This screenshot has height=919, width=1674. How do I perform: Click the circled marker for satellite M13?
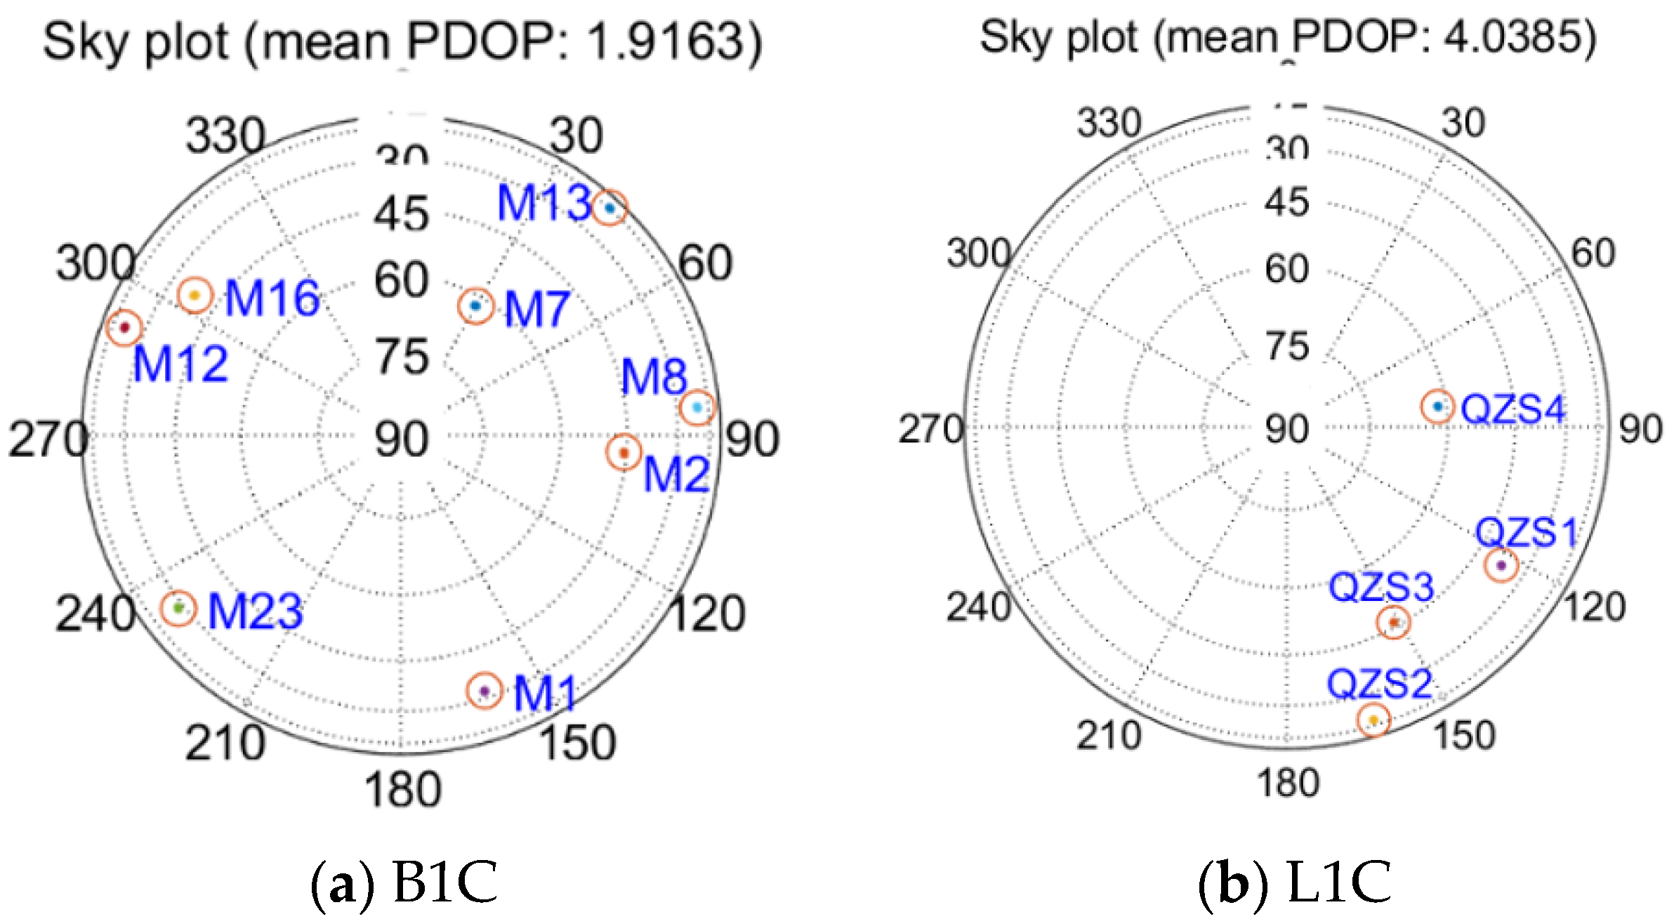click(x=609, y=208)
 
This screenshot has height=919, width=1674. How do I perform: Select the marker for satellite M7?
click(x=475, y=306)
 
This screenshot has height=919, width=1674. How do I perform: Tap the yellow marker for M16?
click(x=195, y=296)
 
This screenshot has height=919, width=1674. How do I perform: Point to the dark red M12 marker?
click(x=124, y=327)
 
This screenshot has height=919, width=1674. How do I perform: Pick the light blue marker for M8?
click(x=697, y=407)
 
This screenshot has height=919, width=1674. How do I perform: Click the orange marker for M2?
click(x=623, y=453)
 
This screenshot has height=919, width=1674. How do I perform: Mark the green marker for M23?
click(x=178, y=607)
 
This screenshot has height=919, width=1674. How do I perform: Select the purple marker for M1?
click(x=484, y=691)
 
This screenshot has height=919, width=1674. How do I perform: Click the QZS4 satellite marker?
click(x=1437, y=406)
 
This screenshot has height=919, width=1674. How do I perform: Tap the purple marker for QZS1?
click(x=1501, y=565)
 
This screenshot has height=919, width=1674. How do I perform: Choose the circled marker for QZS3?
click(x=1393, y=623)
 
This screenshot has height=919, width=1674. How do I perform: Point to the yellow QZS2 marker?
click(x=1373, y=720)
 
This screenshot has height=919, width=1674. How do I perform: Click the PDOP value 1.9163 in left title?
click(x=666, y=42)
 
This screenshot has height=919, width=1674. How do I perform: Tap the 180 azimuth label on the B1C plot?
click(x=402, y=790)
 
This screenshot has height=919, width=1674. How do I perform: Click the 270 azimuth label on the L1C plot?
click(x=931, y=430)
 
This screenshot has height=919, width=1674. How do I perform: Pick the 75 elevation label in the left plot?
click(x=402, y=357)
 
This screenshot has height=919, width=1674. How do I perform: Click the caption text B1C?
click(x=445, y=882)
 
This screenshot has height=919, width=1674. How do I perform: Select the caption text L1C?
click(x=1339, y=882)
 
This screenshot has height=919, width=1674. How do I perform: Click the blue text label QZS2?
click(x=1379, y=683)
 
